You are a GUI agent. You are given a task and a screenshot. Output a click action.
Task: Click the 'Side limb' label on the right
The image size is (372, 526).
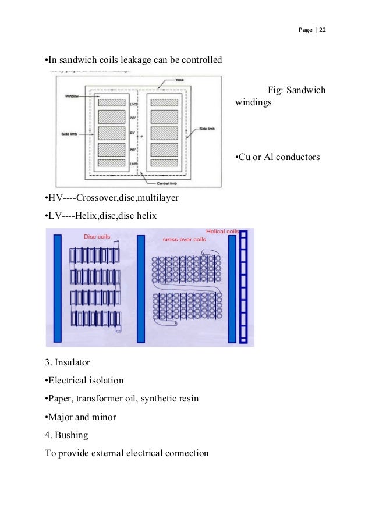(207, 129)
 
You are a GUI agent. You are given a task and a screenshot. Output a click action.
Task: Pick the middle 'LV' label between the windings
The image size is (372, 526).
(132, 133)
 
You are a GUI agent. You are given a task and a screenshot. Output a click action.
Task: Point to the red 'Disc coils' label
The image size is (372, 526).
(98, 237)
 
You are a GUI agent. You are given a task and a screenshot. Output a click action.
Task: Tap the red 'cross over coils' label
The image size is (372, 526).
(185, 239)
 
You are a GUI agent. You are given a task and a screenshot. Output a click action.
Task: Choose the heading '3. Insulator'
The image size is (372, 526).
(68, 362)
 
